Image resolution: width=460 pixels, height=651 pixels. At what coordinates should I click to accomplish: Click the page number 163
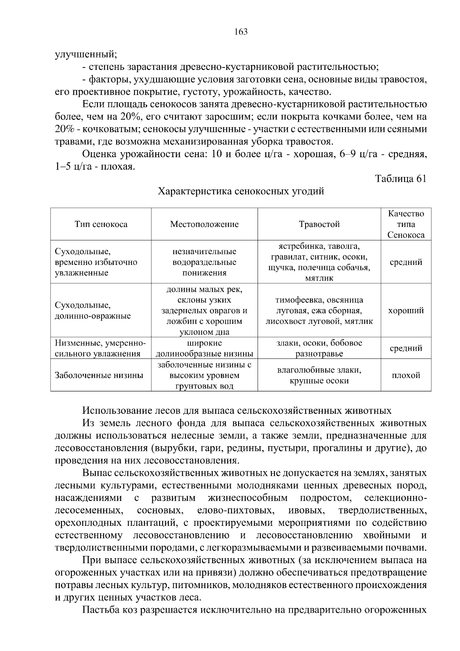pos(241,32)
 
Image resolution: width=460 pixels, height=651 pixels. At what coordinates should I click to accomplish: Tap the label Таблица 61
pos(400,179)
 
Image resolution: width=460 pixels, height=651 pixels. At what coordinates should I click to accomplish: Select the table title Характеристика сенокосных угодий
pos(241,191)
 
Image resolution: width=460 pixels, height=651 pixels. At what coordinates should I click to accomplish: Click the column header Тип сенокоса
pos(101,224)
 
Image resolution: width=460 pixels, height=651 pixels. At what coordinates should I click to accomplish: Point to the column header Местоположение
pos(204,224)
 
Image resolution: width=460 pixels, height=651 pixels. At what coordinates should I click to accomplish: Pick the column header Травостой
pos(319,224)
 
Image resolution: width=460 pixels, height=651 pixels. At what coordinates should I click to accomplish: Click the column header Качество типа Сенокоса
pos(406,224)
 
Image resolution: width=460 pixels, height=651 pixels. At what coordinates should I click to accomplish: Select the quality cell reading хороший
pos(406,311)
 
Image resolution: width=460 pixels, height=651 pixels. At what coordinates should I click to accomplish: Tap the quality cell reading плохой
pos(406,375)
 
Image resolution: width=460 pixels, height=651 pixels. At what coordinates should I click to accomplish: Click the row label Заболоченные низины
pos(99,375)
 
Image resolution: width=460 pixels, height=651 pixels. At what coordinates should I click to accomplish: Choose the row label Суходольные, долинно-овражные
pos(92,311)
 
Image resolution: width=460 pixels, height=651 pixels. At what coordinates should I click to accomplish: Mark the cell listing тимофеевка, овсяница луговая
pos(319,311)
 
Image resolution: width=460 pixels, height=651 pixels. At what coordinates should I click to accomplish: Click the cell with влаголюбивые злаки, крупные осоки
pos(319,375)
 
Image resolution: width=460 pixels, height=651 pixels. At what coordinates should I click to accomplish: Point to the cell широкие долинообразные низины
pos(204,348)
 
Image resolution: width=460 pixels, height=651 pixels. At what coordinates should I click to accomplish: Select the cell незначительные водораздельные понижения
pos(204,262)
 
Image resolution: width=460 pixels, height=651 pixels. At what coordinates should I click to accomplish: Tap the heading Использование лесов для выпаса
pos(237,411)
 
